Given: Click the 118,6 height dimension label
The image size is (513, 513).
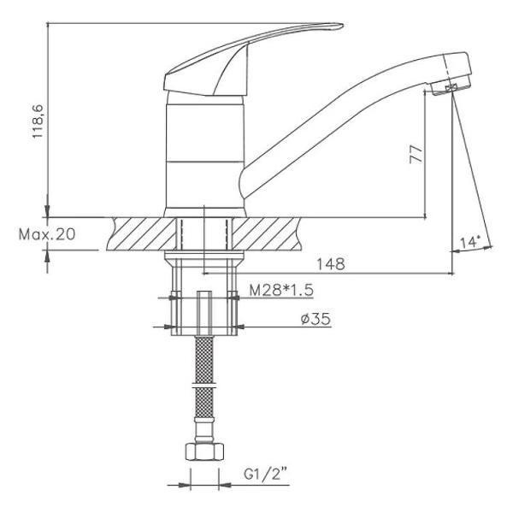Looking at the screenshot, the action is pos(38,121).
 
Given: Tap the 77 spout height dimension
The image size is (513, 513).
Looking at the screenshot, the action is pos(416,154).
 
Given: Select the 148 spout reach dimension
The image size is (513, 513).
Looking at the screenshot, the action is pos(331,263).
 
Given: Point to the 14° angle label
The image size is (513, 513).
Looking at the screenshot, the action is pos(469,243).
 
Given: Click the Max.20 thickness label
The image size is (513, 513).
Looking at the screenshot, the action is pos(47,234).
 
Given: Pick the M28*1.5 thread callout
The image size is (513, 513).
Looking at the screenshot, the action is pos(281,290).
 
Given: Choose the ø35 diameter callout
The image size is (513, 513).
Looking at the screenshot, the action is pos(315,319).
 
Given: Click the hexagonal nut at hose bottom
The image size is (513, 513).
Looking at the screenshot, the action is pos(204,451).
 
